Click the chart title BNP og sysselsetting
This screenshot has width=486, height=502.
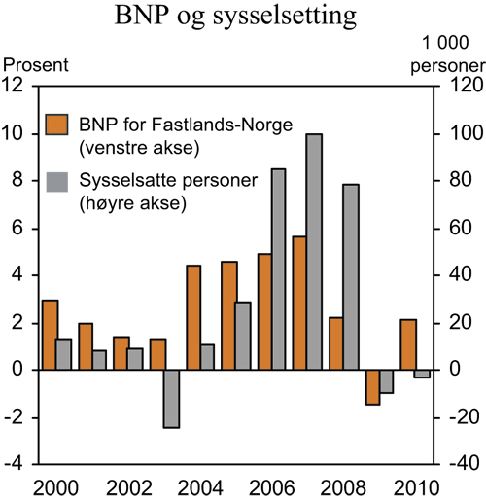click(x=242, y=18)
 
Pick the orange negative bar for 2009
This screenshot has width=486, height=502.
click(x=371, y=386)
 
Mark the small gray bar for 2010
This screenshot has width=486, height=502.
click(x=422, y=374)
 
